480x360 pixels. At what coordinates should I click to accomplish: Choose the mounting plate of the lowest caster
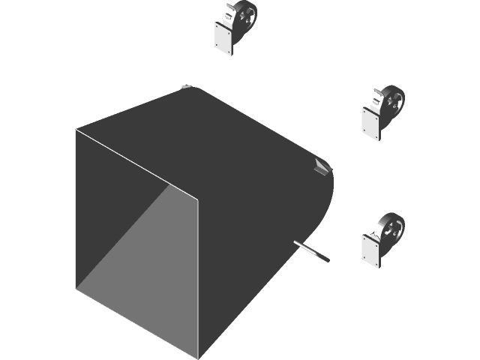tap(372, 250)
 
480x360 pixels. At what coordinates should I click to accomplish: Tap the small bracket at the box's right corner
tap(321, 166)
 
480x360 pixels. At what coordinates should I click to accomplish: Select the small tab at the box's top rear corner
tap(186, 88)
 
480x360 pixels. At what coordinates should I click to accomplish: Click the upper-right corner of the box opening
tap(198, 200)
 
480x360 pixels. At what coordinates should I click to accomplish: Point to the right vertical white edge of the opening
tap(198, 277)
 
